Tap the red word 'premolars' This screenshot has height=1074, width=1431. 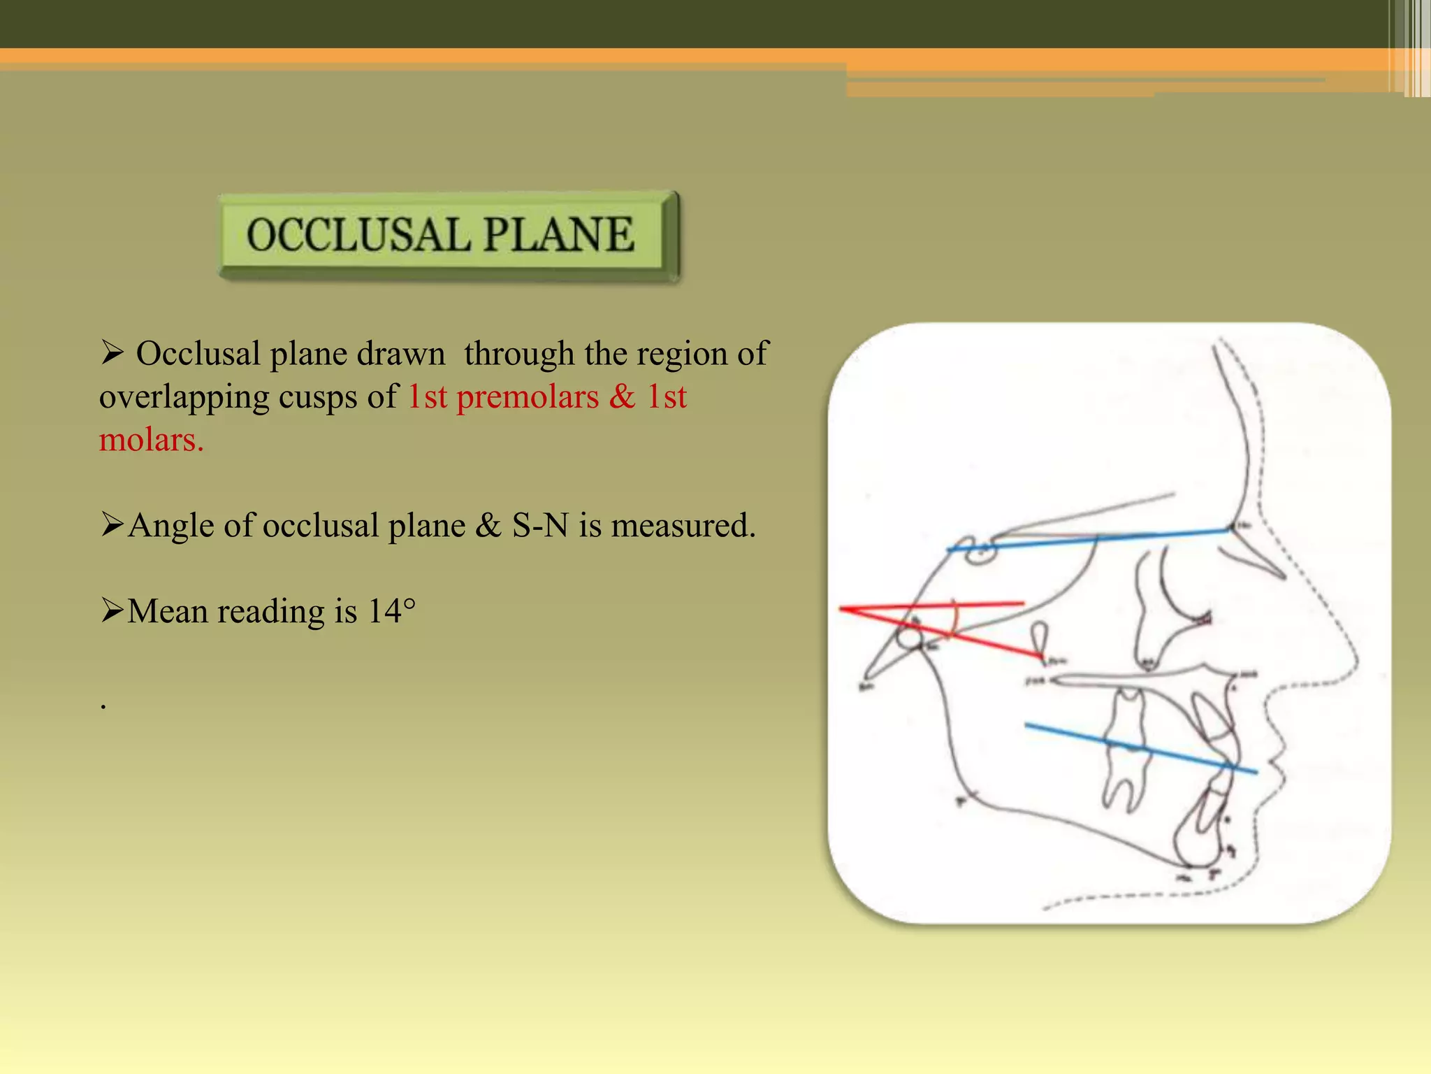click(528, 397)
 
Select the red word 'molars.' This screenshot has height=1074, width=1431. click(151, 441)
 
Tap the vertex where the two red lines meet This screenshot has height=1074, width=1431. click(843, 610)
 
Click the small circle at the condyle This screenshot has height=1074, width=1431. click(910, 637)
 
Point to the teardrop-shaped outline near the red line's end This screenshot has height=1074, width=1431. click(1040, 636)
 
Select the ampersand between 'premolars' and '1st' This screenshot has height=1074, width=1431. click(622, 397)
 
